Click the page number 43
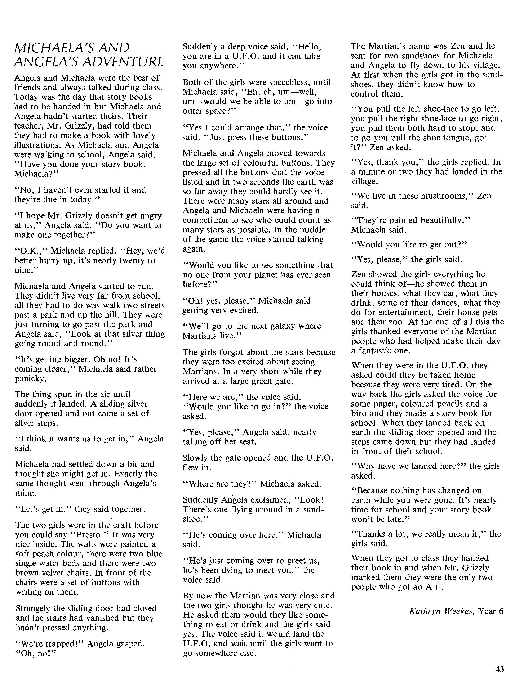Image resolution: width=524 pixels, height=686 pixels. (499, 669)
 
